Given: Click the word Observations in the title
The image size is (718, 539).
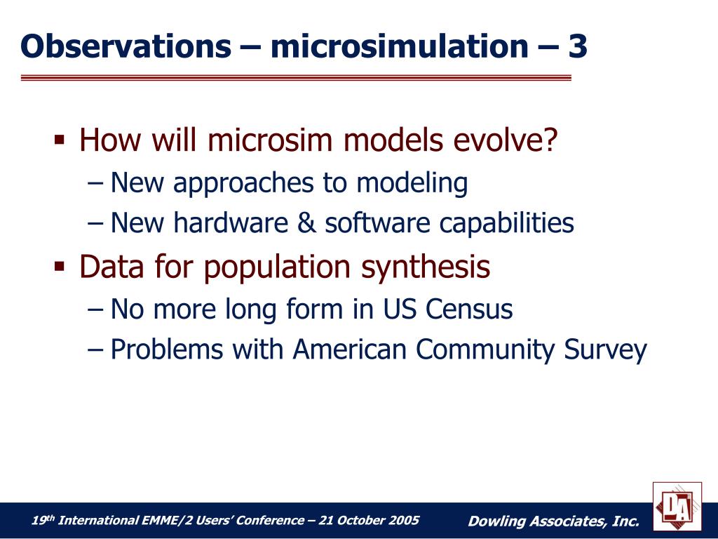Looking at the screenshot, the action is pos(126,46).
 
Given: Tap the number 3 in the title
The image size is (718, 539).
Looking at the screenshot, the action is pos(578,46).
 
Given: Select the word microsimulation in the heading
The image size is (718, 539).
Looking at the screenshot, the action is pos(400,46).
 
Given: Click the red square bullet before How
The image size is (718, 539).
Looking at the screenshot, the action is pos(60,139).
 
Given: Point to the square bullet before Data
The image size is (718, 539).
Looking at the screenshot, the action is pos(60,266).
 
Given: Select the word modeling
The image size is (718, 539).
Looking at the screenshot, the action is pos(412,183).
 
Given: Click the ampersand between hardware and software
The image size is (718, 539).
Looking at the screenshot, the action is pos(306,222).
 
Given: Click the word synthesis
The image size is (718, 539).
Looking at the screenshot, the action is pos(426,267).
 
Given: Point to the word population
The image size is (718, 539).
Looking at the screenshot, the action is pos(277,267).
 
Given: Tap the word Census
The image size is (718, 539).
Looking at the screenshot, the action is pos(469,309).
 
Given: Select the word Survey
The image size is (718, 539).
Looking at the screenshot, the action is pos(605,350).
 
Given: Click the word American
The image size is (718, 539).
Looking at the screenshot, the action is pos(350,350).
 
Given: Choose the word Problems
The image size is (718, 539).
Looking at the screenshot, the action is pos(167,350).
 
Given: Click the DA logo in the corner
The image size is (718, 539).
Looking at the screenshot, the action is pos(677,507).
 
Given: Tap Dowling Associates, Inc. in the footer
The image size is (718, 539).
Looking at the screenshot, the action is pos(553,521).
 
